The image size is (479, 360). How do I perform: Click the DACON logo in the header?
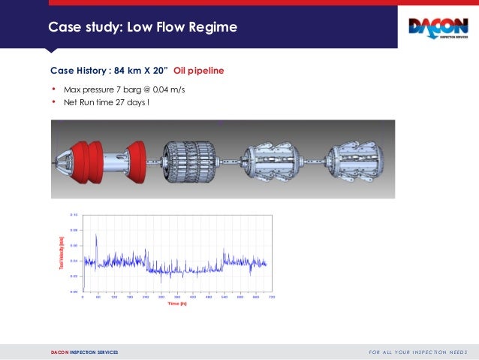(x=437, y=29)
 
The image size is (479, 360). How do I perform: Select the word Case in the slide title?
(x=64, y=29)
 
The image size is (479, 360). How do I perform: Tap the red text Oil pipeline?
(x=198, y=71)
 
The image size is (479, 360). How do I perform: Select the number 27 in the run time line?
(x=117, y=101)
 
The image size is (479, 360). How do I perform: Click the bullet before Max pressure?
(x=53, y=89)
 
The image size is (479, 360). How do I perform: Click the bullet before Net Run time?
(x=53, y=101)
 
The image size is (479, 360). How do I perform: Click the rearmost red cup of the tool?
(x=137, y=160)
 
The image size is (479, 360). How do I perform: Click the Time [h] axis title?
(x=177, y=304)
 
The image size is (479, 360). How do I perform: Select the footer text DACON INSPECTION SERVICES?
(x=84, y=352)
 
